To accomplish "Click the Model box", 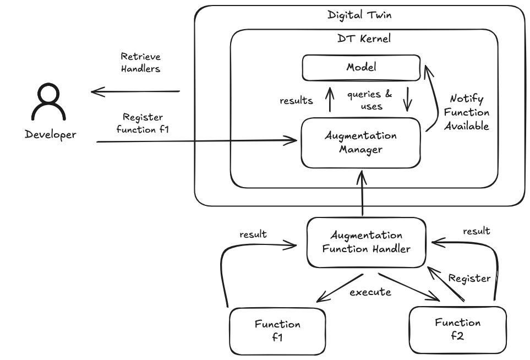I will (360, 67).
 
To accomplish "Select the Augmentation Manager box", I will (360, 143).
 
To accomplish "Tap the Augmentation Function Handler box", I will (366, 242).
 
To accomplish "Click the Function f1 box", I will (277, 331).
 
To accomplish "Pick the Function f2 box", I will (457, 329).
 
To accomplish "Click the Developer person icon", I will (50, 103).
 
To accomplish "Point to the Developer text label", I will (51, 134).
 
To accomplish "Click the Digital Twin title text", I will (359, 15).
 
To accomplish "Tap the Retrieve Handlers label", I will (141, 63).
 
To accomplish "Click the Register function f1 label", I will (143, 123).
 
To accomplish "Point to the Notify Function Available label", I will (466, 112).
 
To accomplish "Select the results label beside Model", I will (296, 100).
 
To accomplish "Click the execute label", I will (370, 292).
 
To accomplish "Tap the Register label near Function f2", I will (469, 278).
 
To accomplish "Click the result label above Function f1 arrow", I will (253, 234).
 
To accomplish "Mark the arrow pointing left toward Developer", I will (135, 91).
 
